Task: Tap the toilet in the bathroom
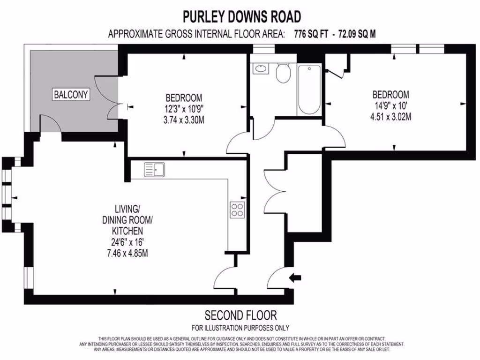click(x=283, y=74)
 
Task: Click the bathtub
click(x=309, y=90)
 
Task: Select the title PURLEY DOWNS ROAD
click(x=241, y=17)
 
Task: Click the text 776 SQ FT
click(x=312, y=34)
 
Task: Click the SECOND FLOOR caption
click(x=240, y=315)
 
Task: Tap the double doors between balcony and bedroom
click(x=112, y=97)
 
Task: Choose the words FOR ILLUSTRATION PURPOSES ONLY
click(x=240, y=328)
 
